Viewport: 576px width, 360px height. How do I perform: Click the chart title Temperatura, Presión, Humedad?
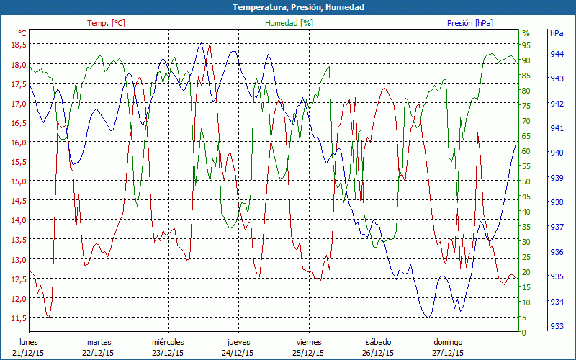click(x=288, y=7)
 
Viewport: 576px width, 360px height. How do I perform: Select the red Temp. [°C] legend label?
click(x=106, y=23)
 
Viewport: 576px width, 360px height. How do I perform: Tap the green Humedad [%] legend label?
click(x=289, y=23)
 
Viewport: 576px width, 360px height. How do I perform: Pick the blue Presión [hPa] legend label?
click(x=470, y=23)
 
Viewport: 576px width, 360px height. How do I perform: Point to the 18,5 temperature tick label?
click(x=18, y=45)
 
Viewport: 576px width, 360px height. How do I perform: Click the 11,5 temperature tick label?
click(x=18, y=318)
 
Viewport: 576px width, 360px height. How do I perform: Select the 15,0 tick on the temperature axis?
click(x=18, y=181)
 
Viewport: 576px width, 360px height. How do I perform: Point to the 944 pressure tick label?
click(x=557, y=54)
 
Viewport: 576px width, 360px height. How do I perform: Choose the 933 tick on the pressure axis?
click(x=557, y=326)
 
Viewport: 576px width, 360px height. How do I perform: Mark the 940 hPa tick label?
click(x=557, y=153)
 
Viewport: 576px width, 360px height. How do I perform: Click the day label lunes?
click(x=29, y=341)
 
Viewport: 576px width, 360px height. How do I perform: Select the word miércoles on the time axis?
click(x=168, y=341)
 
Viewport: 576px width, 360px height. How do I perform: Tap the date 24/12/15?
click(x=238, y=353)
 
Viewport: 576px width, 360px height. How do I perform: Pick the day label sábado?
click(x=378, y=341)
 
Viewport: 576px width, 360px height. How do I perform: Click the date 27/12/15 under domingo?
click(x=448, y=353)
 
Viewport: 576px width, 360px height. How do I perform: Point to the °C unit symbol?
click(x=22, y=33)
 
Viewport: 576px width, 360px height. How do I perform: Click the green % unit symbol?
click(x=526, y=33)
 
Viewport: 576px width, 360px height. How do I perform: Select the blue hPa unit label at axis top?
click(x=557, y=33)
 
